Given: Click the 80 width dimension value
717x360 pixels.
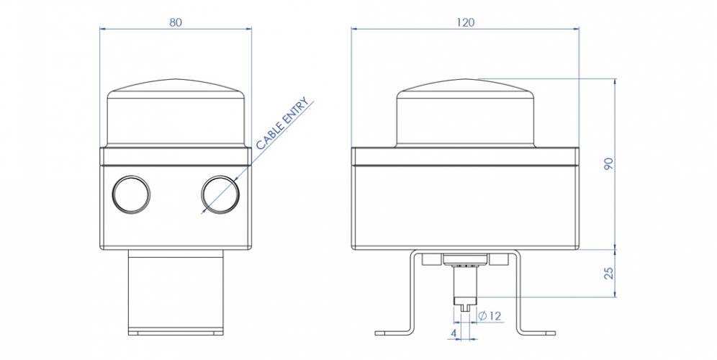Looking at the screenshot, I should [175, 22].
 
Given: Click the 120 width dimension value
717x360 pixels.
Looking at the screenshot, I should [465, 22].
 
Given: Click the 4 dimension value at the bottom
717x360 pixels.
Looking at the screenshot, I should [452, 333].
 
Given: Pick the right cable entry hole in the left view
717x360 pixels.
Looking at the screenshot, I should [220, 194].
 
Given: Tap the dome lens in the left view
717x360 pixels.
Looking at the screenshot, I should [176, 115].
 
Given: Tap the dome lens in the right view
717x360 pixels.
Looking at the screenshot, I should [465, 115].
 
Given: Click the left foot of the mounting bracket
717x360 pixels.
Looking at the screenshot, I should [392, 333].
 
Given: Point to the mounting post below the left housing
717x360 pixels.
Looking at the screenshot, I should [176, 292].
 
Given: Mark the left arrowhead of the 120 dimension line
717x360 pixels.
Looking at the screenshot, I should [355, 29].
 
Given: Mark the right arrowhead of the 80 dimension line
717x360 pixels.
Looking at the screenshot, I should [248, 29].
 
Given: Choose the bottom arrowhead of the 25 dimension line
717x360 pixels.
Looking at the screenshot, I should [615, 293].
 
